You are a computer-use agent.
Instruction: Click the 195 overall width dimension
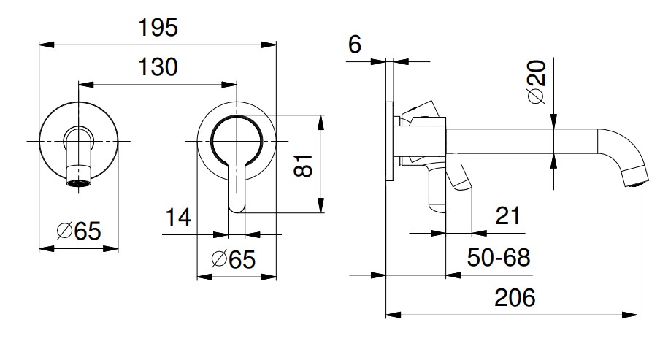(158, 28)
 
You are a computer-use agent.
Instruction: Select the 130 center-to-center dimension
(158, 67)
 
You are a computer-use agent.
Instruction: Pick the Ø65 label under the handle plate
(233, 259)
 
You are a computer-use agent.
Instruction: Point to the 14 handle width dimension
(178, 217)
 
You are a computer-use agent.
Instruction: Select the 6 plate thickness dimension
(356, 45)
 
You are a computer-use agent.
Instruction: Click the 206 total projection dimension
(515, 297)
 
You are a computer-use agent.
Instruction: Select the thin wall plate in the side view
(390, 142)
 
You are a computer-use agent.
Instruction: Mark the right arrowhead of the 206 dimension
(634, 315)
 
